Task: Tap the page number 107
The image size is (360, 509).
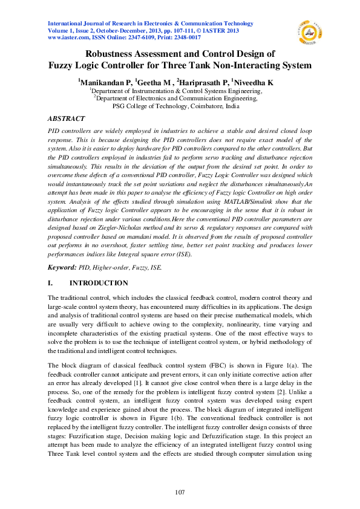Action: (x=180, y=492)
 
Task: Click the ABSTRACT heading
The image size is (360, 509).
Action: (x=66, y=118)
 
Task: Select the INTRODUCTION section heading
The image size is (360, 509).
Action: (x=99, y=283)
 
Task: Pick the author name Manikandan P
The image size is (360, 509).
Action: (x=103, y=81)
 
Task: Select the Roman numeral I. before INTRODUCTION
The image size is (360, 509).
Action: (x=50, y=283)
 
